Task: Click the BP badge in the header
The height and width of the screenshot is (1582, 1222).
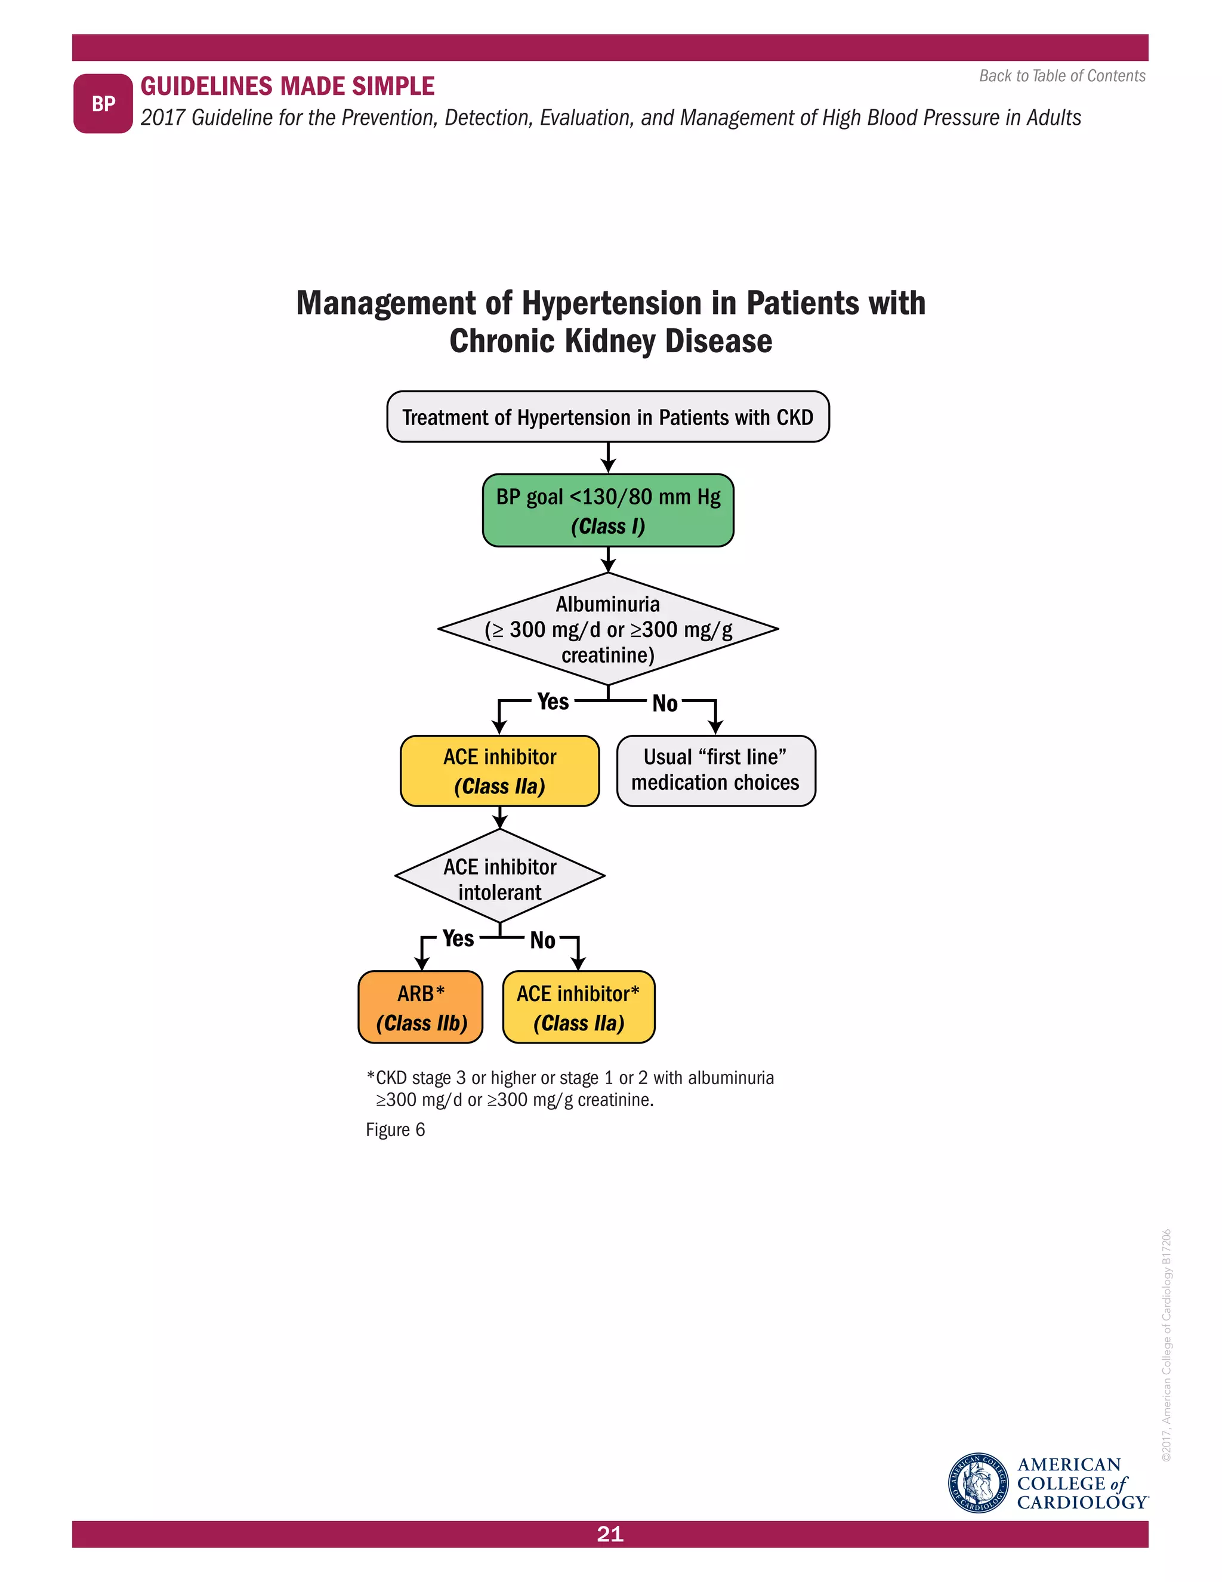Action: (103, 104)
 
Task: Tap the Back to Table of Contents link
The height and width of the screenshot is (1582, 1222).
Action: (1061, 76)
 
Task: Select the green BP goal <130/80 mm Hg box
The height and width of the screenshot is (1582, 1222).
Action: (607, 510)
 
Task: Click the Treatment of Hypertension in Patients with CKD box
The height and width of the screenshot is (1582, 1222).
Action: (607, 417)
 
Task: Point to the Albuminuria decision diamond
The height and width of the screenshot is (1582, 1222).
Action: (607, 629)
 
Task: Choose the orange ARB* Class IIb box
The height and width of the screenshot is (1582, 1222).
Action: (421, 1007)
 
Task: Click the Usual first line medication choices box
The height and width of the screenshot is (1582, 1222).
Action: (715, 770)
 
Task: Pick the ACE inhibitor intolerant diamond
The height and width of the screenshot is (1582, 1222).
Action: (499, 876)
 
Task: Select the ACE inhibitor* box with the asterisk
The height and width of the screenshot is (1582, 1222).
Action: (578, 1007)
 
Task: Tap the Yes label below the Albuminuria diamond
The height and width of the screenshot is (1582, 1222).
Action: (553, 701)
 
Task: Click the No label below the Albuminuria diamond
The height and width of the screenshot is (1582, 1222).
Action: (665, 703)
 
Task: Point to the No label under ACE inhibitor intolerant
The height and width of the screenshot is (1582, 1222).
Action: (542, 940)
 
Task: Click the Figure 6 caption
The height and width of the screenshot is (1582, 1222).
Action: (395, 1130)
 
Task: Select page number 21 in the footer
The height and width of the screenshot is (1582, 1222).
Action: (610, 1534)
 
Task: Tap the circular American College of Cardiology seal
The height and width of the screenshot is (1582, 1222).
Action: (978, 1483)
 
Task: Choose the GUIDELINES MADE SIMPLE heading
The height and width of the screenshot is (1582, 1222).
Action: (288, 86)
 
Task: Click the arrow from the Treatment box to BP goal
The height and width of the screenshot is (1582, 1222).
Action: (608, 458)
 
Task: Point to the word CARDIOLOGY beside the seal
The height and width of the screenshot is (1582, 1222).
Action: (1081, 1503)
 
